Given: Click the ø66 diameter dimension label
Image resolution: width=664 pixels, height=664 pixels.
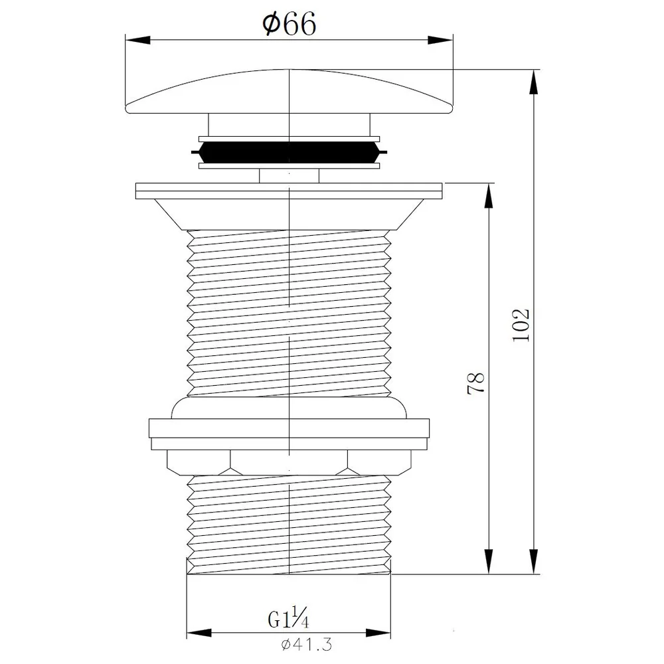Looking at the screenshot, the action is pos(290,24).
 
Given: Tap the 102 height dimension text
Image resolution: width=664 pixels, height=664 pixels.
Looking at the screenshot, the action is pos(521,325).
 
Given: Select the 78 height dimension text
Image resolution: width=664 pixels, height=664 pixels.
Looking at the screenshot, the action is pos(475,383).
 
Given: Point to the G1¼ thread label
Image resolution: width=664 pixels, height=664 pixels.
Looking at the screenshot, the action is pos(288,619).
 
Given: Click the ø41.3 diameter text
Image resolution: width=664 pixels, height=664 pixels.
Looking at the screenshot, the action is pos(307,645).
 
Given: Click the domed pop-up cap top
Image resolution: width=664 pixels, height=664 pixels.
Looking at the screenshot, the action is pos(290,91).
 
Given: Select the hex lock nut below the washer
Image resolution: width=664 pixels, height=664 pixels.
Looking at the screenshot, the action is pos(290,462).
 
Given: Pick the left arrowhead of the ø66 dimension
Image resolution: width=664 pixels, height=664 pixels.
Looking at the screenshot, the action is pos(138,40).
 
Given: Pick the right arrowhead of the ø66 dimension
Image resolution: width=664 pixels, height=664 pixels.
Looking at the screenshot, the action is pos(440,40).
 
